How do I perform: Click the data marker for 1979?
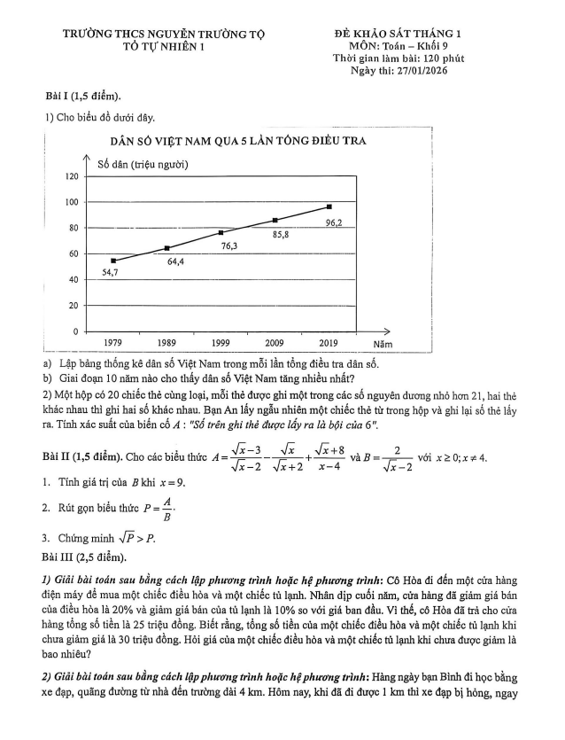tap(113, 261)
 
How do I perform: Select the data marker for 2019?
tap(329, 206)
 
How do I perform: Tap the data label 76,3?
tap(228, 245)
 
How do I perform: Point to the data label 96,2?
tap(334, 223)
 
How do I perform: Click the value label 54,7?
tap(110, 273)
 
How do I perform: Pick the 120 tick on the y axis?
tap(71, 177)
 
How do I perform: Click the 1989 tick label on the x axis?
tap(166, 342)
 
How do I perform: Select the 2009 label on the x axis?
tap(275, 342)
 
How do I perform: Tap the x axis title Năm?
tap(383, 342)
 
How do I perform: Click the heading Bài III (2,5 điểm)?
tap(85, 557)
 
